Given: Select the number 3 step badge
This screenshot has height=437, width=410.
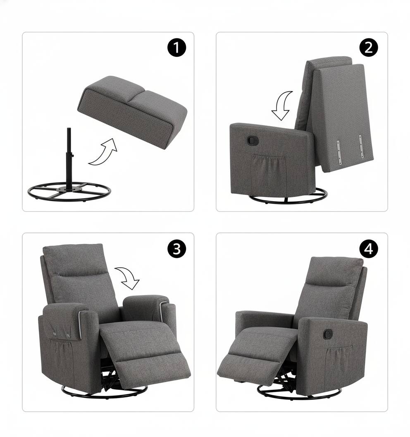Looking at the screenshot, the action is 176,249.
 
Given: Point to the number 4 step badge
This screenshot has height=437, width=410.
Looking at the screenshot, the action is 369,249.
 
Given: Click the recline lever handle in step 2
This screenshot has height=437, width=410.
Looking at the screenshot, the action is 253,140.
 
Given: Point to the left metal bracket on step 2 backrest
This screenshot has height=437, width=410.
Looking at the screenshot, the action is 338,152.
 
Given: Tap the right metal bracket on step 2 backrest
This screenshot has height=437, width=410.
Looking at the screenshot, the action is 361,146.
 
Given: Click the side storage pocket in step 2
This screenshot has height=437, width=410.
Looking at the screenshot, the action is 269,174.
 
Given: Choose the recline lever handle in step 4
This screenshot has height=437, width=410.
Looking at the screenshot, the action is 329,333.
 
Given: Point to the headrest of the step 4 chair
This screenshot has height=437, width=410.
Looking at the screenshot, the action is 334,271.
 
